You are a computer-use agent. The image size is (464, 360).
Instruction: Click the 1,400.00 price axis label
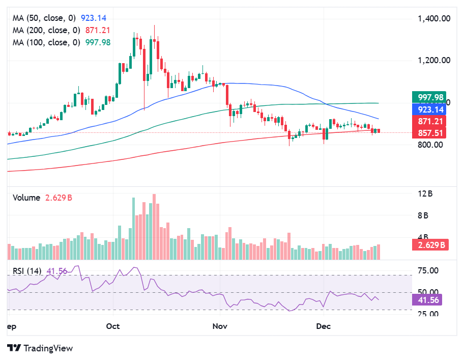433,19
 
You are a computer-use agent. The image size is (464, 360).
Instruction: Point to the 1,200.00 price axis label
433,61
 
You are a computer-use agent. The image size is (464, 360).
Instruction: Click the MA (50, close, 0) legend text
46,18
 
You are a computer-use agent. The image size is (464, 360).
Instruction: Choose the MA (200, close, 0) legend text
46,31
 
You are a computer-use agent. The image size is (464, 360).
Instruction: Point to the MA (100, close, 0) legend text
46,43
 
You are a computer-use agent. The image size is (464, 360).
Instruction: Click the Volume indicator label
26,198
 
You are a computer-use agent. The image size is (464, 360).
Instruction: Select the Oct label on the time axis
113,326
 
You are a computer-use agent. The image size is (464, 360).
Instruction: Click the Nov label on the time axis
219,326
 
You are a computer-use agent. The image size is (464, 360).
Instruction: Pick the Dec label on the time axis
323,326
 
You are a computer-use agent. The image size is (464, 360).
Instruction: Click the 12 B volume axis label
425,193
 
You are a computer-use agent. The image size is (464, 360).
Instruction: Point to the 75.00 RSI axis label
428,271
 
